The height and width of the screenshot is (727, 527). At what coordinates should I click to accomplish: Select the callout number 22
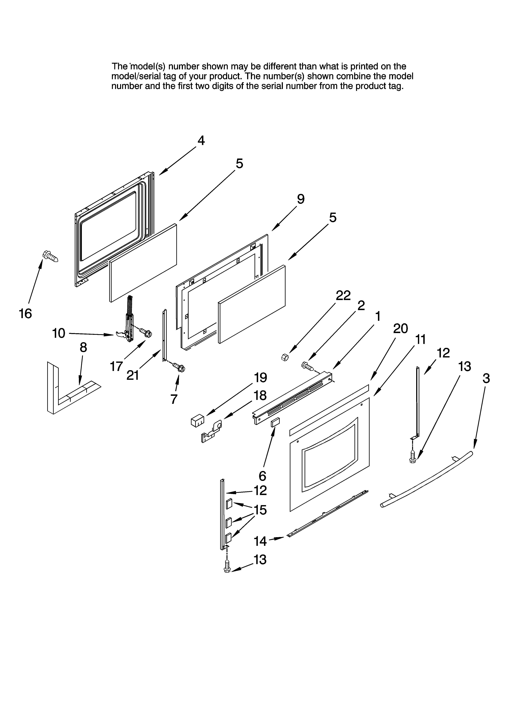click(x=343, y=295)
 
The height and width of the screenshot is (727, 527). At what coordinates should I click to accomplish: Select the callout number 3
click(x=486, y=379)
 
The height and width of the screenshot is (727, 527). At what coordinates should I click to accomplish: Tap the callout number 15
click(x=260, y=510)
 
